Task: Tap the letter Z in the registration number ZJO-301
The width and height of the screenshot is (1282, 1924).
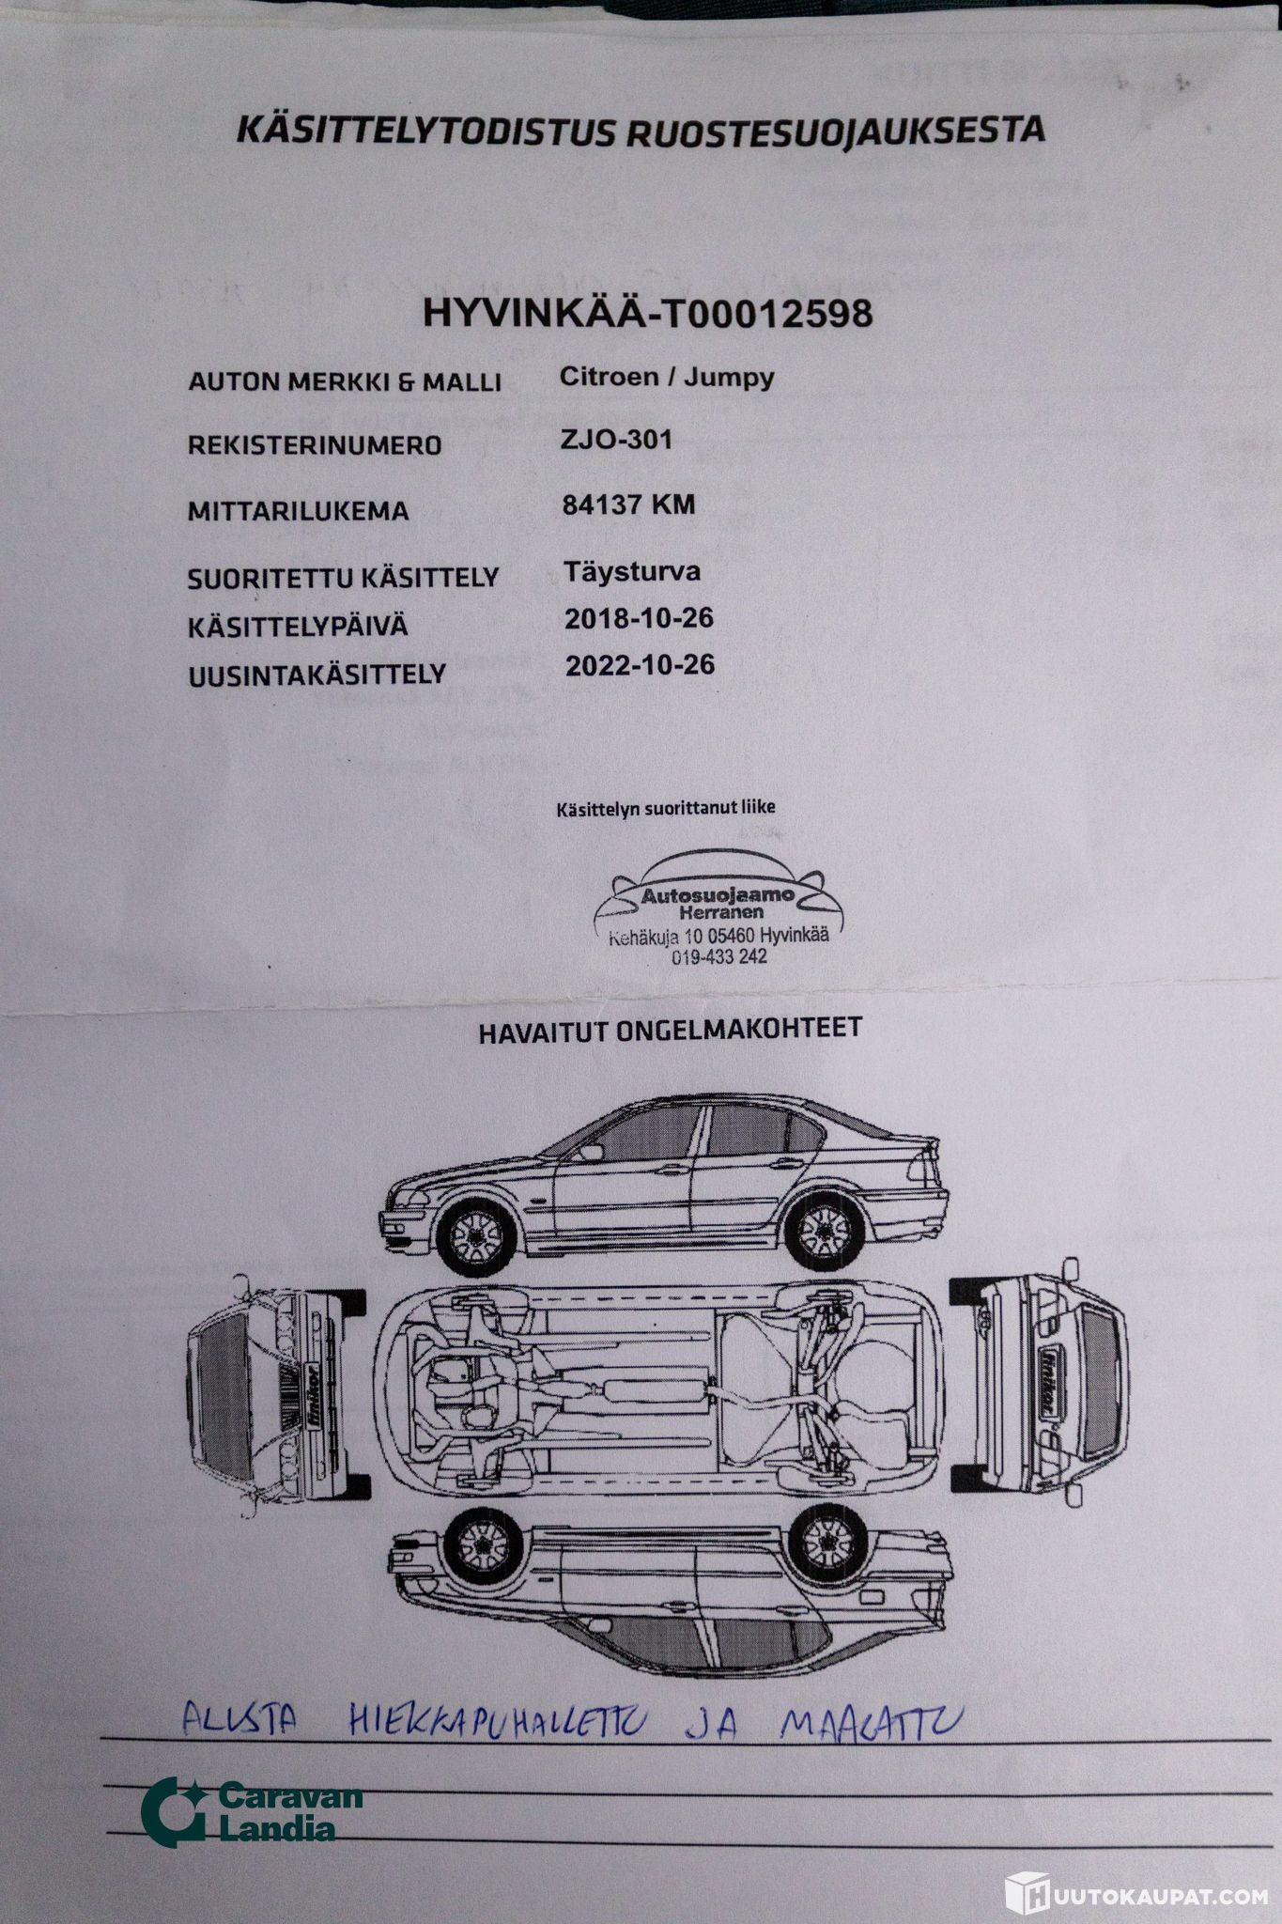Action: [x=569, y=440]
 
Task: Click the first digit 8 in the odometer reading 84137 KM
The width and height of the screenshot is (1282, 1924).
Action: [x=570, y=505]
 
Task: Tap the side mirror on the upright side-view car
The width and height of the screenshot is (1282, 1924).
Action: [x=591, y=1153]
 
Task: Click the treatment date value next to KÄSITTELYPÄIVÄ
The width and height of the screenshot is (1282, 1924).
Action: [x=639, y=618]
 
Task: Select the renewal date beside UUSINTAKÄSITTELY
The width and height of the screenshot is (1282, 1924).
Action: [x=640, y=666]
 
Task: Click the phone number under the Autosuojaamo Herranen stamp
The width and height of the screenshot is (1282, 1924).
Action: [x=718, y=957]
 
